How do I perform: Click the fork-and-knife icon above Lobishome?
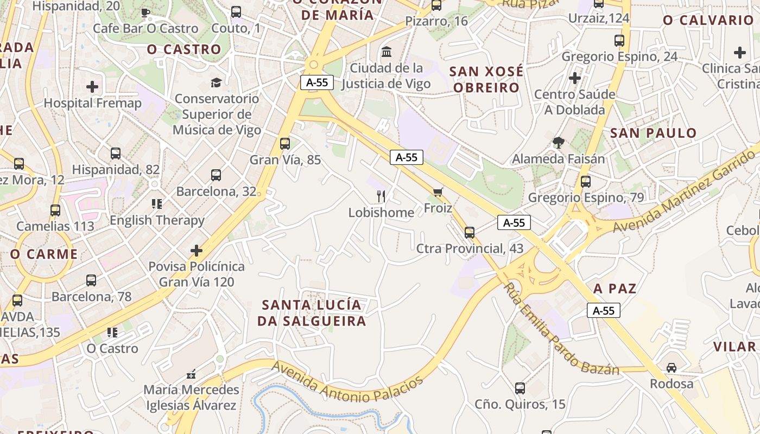(x=381, y=196)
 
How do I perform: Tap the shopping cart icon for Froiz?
(x=438, y=192)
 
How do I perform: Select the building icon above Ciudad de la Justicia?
(x=387, y=52)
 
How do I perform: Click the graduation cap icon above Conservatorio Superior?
(x=216, y=82)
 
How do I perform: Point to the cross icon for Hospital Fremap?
(x=92, y=86)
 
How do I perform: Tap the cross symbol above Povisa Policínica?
(x=197, y=250)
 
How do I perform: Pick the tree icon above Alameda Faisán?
(x=558, y=143)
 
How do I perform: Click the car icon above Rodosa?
(x=672, y=367)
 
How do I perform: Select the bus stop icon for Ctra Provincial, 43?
(x=470, y=232)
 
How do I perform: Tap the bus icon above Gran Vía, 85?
(x=285, y=144)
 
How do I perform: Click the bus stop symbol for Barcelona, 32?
(x=216, y=175)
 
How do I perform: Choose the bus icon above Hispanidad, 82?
(x=116, y=154)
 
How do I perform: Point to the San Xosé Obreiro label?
(x=486, y=79)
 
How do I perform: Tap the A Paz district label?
(x=615, y=288)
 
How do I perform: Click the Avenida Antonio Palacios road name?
(x=347, y=383)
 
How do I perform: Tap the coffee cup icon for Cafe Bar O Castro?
(x=145, y=12)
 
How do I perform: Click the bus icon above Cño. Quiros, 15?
(x=520, y=388)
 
